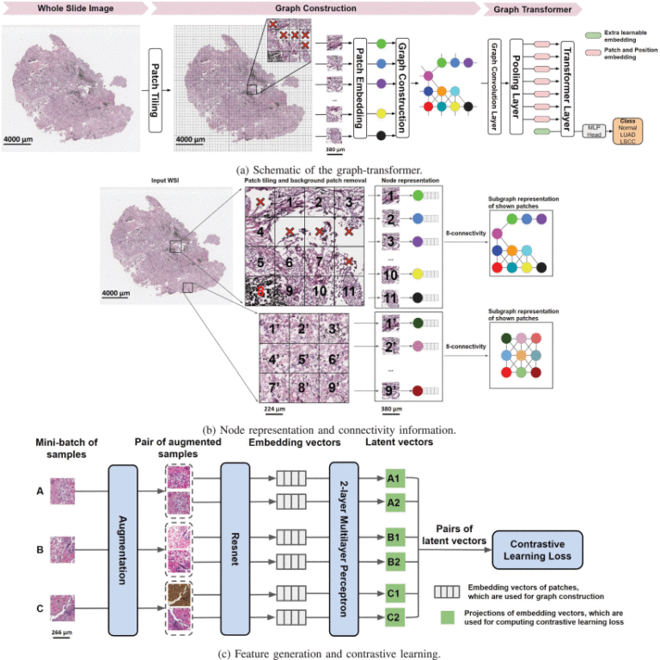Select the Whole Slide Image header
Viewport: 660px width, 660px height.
pyautogui.click(x=74, y=8)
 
